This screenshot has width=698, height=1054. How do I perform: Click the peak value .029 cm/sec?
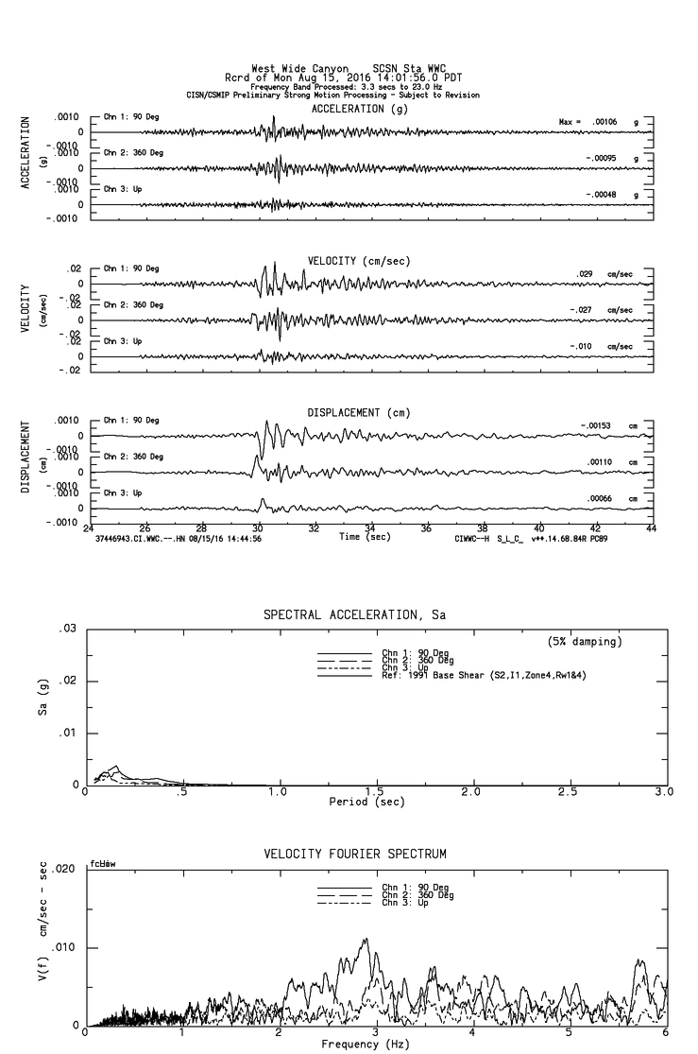pos(587,274)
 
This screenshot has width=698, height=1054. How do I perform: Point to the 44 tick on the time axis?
pos(652,529)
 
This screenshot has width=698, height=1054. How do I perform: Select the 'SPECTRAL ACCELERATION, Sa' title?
pos(354,615)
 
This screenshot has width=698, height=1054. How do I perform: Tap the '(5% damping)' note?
pos(585,642)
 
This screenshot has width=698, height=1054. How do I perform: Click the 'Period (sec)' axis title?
pos(367,802)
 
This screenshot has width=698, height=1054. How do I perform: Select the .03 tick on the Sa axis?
pos(67,630)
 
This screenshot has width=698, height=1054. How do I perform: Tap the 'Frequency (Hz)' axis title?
pos(366,1045)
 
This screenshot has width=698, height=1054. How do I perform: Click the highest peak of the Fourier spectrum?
pos(365,939)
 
